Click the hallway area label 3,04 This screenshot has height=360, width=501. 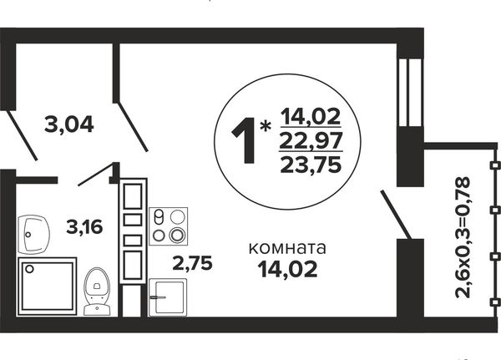tap(69, 124)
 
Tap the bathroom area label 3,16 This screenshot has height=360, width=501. tap(84, 226)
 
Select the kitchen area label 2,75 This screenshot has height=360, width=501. tap(192, 263)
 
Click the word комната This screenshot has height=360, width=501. tap(287, 248)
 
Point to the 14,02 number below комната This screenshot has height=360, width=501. tap(288, 269)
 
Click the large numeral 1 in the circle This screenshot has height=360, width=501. tap(244, 140)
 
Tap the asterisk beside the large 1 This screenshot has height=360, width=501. tap(265, 127)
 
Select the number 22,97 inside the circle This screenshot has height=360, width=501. tap(311, 140)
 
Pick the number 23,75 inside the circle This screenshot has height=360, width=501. tap(311, 165)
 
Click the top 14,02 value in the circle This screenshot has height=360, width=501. tap(311, 116)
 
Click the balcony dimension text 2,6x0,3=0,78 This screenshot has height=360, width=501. tap(463, 237)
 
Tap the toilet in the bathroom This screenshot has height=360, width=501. tap(97, 291)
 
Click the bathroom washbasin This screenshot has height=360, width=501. tap(33, 235)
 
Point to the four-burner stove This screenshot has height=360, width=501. tap(169, 226)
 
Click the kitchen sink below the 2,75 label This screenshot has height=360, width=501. tap(168, 297)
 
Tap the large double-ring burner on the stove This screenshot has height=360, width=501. tap(177, 236)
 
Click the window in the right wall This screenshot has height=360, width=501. tap(410, 93)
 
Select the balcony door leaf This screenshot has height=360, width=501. tap(395, 215)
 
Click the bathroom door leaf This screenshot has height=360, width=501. tap(99, 175)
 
